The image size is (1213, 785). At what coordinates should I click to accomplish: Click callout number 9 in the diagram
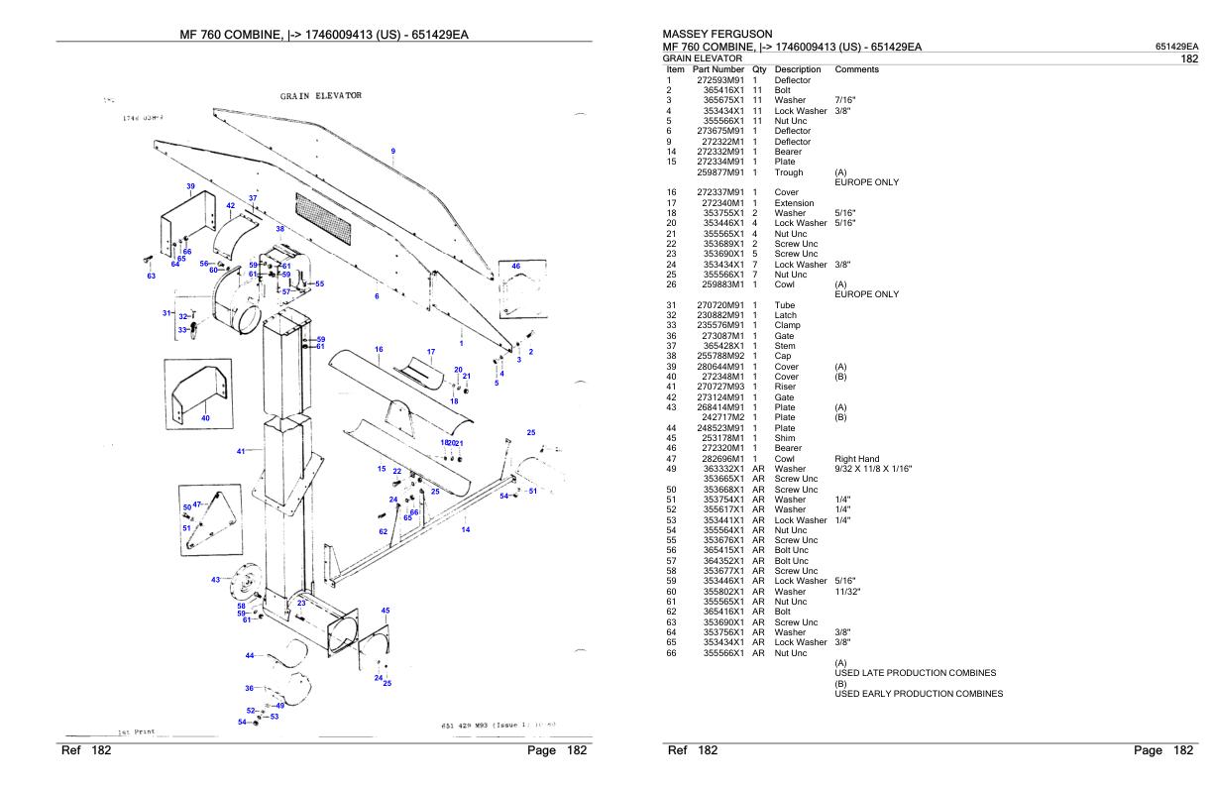tap(393, 151)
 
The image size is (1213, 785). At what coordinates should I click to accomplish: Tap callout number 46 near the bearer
tap(515, 267)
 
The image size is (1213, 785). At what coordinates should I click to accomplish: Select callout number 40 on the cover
tap(205, 418)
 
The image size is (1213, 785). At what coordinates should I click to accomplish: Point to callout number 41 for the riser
tap(241, 452)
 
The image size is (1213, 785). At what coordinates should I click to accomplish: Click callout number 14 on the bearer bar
tap(465, 529)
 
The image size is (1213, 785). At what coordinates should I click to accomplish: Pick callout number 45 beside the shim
tap(386, 611)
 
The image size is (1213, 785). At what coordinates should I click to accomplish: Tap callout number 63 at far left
tap(152, 277)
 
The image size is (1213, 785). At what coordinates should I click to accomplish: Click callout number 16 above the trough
tap(379, 349)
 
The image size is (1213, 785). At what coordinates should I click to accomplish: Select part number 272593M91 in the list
tap(720, 79)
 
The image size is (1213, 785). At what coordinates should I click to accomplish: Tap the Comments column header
tap(857, 69)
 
